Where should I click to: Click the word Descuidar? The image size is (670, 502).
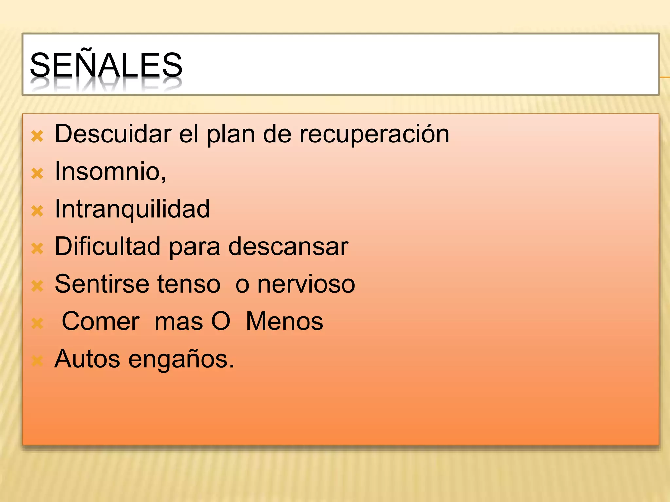coord(113,134)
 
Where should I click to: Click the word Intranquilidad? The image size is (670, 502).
coord(132,209)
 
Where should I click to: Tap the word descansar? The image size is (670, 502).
coord(288,247)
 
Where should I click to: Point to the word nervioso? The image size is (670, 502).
coord(306,284)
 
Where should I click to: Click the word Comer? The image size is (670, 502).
coord(101,321)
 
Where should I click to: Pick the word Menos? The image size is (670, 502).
coord(284,321)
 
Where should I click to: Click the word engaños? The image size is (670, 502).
coord(181,360)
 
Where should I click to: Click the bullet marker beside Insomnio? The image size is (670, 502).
coord(37,174)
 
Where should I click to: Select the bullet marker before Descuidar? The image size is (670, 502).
coord(37,136)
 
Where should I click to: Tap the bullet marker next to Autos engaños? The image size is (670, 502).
coord(37,361)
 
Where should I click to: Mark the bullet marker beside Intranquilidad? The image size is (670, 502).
coord(37,211)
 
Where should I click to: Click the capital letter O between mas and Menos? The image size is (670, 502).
coord(221,321)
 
